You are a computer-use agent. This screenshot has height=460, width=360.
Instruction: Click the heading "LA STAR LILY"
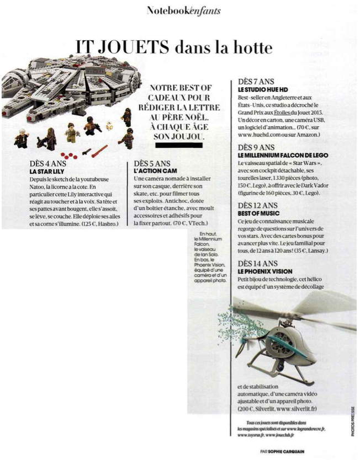point(47,172)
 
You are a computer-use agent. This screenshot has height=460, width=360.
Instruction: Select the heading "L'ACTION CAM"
point(155,171)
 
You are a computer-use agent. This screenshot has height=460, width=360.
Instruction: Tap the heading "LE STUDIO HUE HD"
point(263,89)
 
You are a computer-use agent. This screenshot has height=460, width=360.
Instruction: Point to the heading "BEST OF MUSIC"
point(258,213)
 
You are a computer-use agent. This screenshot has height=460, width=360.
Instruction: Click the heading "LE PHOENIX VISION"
point(265,271)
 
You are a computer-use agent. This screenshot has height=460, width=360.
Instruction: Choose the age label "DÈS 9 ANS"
point(256,148)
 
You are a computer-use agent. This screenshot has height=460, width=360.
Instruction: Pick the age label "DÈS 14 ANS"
point(258,264)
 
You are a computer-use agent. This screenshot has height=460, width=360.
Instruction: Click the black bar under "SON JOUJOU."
point(178,145)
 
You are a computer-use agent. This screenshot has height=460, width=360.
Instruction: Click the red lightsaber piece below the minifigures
point(99,151)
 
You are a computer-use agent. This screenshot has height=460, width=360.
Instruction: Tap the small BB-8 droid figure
point(109,125)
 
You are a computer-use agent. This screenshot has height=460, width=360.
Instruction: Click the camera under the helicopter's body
point(281,366)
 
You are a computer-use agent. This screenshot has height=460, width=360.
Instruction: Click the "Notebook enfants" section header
point(183,11)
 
